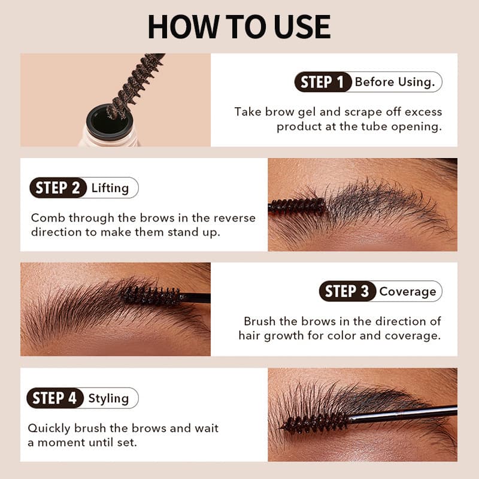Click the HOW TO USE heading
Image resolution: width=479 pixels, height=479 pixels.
[x=239, y=27]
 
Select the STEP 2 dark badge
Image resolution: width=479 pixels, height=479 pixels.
[x=58, y=187]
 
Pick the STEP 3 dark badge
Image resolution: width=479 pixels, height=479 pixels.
[x=347, y=291]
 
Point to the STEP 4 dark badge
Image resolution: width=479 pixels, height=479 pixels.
[x=55, y=398]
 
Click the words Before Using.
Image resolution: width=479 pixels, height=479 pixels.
[x=395, y=82]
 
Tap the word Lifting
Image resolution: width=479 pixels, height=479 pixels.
[x=110, y=188]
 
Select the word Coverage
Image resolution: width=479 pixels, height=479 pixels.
[x=408, y=292]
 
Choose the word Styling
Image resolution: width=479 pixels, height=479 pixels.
[x=108, y=399]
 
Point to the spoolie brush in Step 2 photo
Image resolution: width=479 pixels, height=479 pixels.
[x=296, y=206]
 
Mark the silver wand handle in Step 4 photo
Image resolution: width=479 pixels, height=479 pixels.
[x=402, y=414]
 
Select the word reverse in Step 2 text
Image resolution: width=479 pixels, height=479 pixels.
[x=234, y=218]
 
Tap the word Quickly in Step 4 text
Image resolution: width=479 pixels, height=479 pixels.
[x=49, y=429]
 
